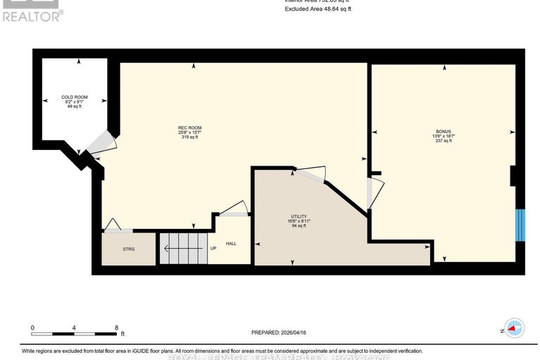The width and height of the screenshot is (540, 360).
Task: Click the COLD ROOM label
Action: click(x=75, y=97)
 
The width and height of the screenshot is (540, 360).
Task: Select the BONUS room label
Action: click(x=442, y=131)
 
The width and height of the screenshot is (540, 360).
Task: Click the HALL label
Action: click(x=231, y=244)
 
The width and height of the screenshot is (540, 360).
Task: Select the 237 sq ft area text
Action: click(x=442, y=141)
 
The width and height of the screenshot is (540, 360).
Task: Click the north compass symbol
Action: click(x=515, y=329)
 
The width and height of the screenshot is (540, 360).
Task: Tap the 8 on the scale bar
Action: click(x=116, y=328)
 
